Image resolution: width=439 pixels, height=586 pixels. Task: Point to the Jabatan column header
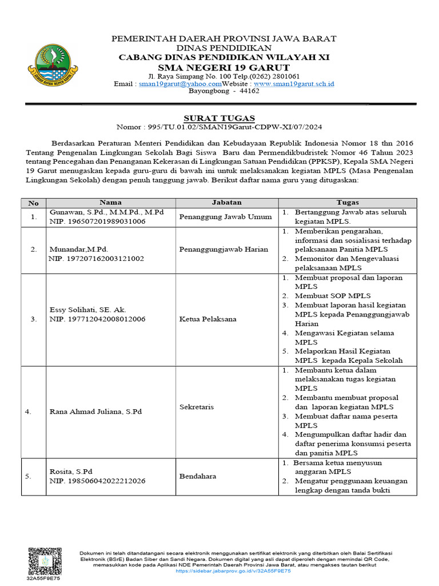[227, 203]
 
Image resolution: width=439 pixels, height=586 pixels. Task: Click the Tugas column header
[348, 203]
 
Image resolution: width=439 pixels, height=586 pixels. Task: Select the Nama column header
[111, 203]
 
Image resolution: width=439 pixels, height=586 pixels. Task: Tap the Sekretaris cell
[196, 406]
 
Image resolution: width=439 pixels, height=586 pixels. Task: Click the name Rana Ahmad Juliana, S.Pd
[96, 411]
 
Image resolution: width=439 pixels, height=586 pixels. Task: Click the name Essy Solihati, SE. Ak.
[86, 310]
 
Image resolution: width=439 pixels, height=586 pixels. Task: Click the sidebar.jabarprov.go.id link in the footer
[233, 571]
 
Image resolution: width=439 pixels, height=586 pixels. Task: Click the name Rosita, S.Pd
[71, 472]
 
